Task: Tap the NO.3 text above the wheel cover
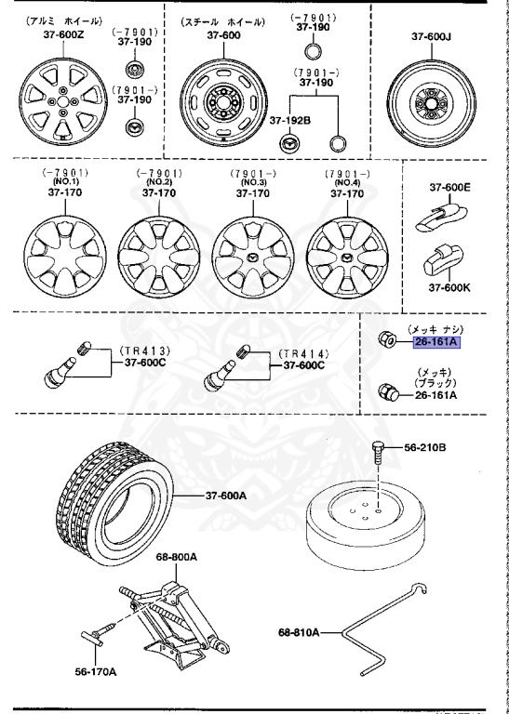pyautogui.click(x=251, y=183)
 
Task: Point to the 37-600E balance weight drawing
pyautogui.click(x=438, y=220)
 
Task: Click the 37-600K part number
pyautogui.click(x=449, y=287)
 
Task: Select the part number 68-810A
pyautogui.click(x=299, y=632)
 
